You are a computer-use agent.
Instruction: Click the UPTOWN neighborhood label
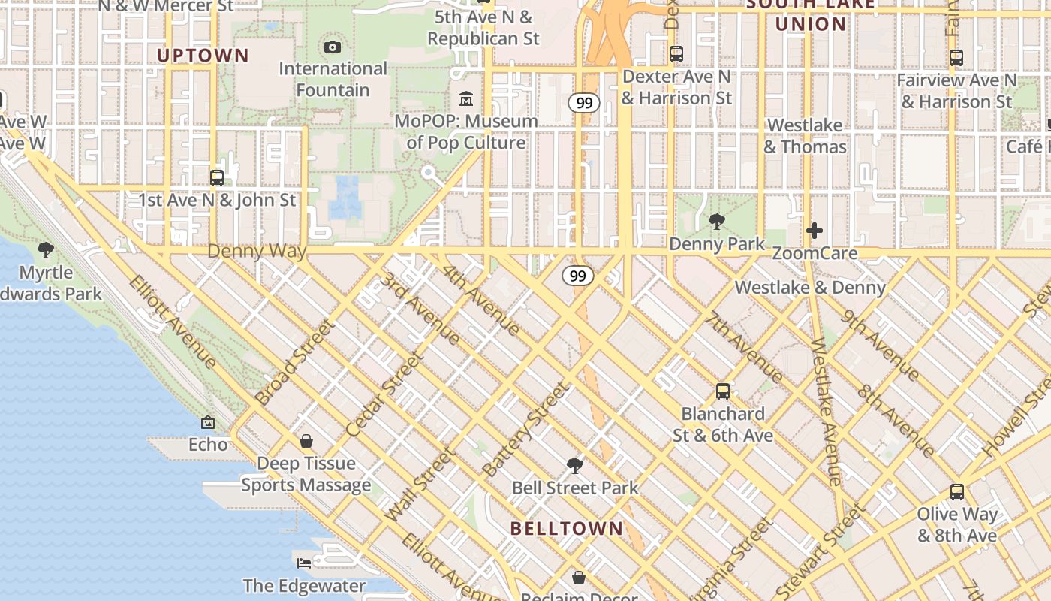(202, 55)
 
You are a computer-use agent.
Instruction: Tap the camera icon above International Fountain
(333, 47)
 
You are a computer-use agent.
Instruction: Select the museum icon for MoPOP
(466, 99)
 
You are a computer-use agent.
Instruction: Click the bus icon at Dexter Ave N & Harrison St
(676, 54)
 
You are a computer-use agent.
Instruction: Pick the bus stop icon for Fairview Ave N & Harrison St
(956, 58)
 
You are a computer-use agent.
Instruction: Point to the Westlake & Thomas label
(805, 136)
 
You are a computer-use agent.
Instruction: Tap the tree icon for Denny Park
(717, 222)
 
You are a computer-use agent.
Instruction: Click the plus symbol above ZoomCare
(815, 231)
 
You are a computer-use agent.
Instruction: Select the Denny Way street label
(257, 251)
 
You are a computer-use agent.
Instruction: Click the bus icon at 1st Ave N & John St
(217, 178)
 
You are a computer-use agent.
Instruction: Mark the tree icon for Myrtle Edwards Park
(46, 250)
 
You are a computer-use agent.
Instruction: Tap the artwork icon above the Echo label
(208, 423)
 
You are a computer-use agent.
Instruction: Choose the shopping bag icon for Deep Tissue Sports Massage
(306, 441)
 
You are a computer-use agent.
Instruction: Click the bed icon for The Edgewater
(304, 563)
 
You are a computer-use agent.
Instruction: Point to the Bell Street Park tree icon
(575, 466)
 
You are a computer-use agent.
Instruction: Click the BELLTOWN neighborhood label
(567, 528)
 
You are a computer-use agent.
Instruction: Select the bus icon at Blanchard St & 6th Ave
(723, 391)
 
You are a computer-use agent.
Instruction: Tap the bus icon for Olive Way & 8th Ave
(957, 492)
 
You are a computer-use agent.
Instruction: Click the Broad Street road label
(294, 362)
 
